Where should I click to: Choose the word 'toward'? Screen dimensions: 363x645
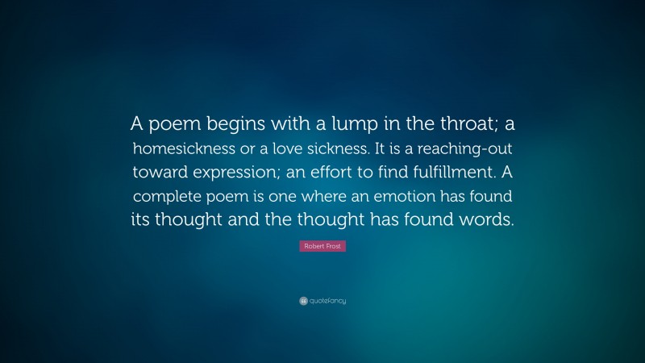coord(162,173)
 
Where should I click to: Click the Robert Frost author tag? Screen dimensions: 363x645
coord(322,246)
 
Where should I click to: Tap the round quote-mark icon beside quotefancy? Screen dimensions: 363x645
coord(303,301)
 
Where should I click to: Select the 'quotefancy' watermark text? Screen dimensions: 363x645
coord(327,301)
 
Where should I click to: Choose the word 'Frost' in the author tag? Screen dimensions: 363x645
coord(334,246)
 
